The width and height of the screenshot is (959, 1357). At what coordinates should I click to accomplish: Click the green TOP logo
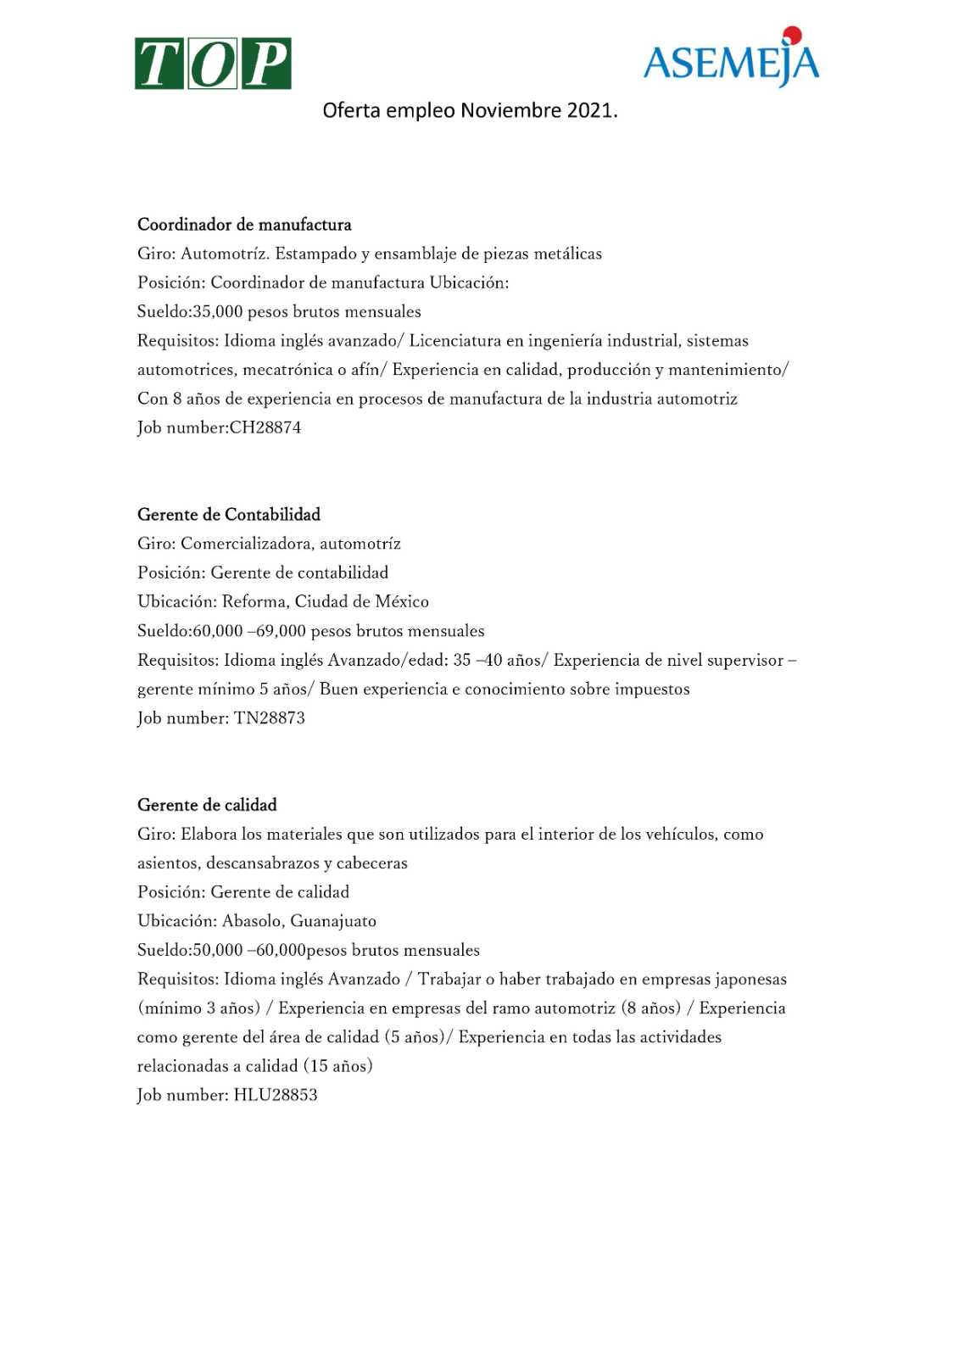(x=213, y=64)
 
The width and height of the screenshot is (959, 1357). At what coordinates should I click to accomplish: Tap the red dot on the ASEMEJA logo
(x=793, y=35)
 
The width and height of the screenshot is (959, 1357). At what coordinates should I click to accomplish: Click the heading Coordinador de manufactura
(x=244, y=225)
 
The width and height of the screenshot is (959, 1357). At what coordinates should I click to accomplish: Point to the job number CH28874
(x=265, y=427)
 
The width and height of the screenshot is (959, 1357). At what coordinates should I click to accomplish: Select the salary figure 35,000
(x=217, y=312)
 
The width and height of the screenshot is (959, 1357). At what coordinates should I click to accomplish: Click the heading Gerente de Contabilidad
(x=229, y=515)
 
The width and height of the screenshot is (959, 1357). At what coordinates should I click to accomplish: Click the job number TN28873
(x=270, y=718)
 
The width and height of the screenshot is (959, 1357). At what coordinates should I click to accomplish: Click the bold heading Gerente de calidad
(x=207, y=805)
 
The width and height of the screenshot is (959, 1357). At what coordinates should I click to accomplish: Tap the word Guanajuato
(x=333, y=921)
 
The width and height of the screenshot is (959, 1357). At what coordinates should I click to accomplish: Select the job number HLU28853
(x=276, y=1095)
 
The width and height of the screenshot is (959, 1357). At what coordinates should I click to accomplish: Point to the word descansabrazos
(x=262, y=863)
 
